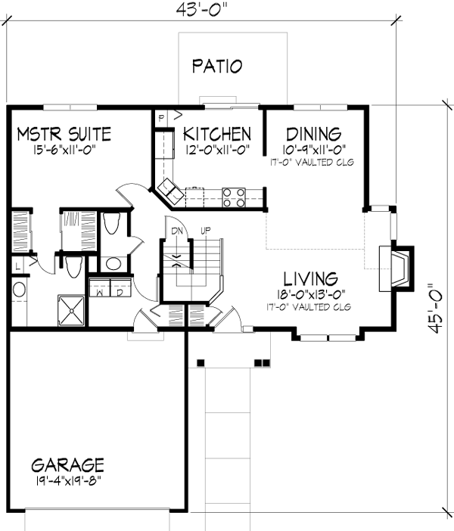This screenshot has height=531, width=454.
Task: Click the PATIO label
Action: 216,66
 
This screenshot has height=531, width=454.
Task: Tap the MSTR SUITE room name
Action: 64,135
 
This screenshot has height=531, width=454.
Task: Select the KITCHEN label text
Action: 217,135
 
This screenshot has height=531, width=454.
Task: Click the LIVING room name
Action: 311,278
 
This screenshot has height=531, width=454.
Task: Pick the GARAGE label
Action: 67,464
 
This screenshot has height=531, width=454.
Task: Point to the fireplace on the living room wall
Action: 398,268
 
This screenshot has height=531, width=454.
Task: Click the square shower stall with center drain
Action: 73,311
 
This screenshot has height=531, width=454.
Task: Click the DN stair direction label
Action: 176,230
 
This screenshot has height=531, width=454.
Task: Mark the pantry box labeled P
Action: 161,117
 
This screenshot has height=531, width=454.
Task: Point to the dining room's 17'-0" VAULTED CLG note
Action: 312,162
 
